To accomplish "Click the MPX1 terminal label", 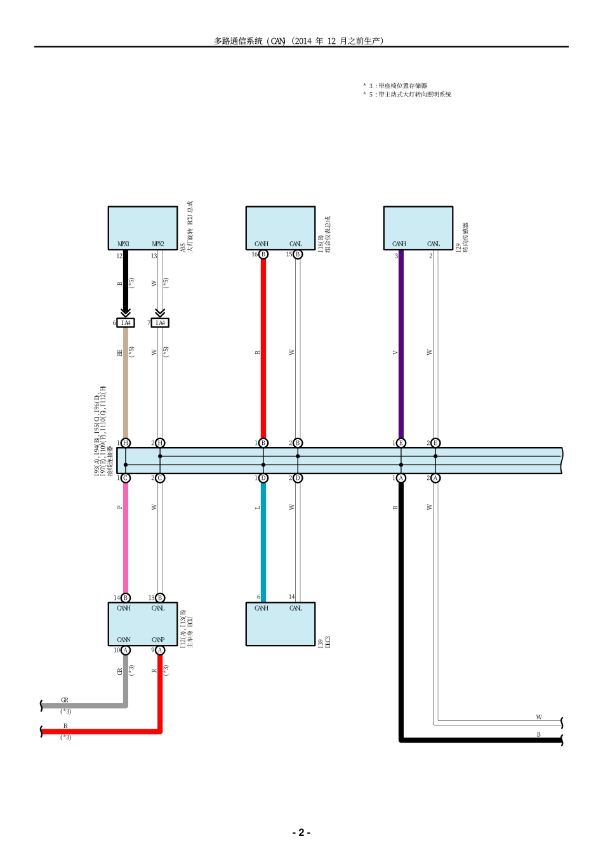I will click(x=124, y=244).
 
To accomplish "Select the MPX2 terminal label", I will click(x=158, y=244).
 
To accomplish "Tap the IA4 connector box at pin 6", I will click(x=126, y=323).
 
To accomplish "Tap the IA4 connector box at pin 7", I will click(x=161, y=323).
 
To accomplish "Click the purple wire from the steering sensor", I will click(x=401, y=349).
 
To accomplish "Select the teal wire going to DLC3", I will click(x=263, y=539).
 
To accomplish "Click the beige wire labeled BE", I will click(x=126, y=381).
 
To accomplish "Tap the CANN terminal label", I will click(x=124, y=640).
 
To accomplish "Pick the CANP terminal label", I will click(x=158, y=640).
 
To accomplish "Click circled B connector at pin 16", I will click(x=263, y=255).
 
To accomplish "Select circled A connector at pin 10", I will click(x=126, y=650).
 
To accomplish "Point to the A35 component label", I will click(x=187, y=228).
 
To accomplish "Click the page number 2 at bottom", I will click(x=301, y=832).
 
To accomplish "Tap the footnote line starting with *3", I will click(x=395, y=86).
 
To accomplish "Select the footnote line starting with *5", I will click(x=408, y=95).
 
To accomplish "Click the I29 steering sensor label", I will click(x=461, y=238).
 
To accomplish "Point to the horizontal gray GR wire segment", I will click(x=83, y=706).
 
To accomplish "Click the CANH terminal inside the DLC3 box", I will click(x=262, y=608).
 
